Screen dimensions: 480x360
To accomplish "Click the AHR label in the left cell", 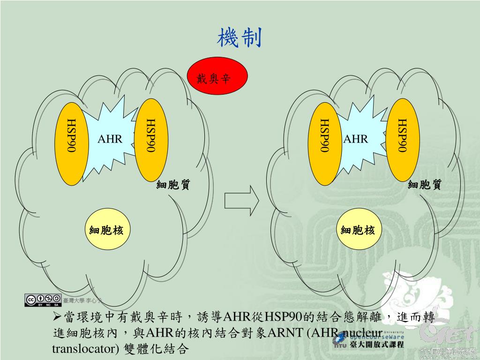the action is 110,139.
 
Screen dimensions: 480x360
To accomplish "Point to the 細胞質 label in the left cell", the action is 173,185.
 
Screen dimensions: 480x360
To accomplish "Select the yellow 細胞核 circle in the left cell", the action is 107,230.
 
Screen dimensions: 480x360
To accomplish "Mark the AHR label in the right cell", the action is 356,139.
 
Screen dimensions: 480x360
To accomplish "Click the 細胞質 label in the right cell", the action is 424,185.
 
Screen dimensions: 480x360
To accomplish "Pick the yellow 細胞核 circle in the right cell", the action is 358,230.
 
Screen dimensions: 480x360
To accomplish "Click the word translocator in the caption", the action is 80,349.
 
